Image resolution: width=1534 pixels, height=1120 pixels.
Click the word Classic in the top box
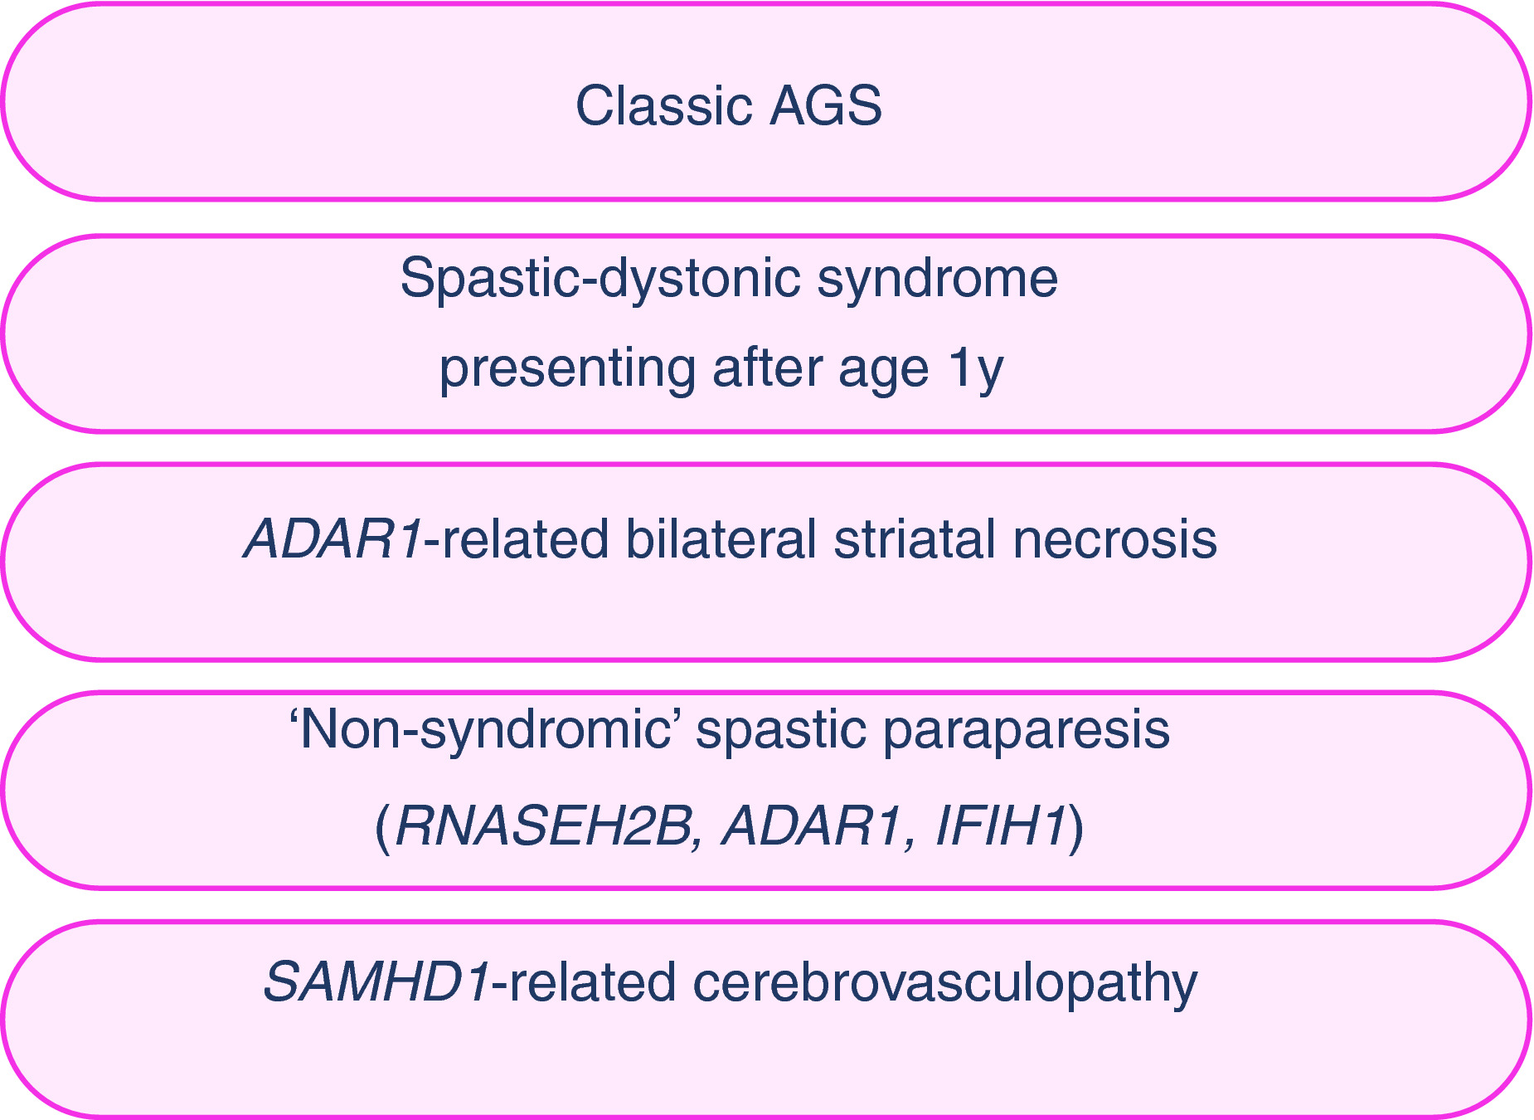click(x=663, y=105)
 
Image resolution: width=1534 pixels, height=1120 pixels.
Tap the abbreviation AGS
click(x=826, y=105)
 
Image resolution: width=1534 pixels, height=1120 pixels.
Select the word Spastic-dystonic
click(x=600, y=280)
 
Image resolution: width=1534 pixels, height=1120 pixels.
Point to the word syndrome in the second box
click(x=938, y=280)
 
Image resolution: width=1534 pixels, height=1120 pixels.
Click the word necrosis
click(x=1115, y=538)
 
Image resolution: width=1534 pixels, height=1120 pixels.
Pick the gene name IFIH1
click(x=1000, y=826)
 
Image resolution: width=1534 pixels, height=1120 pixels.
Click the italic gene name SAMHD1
click(x=378, y=982)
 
